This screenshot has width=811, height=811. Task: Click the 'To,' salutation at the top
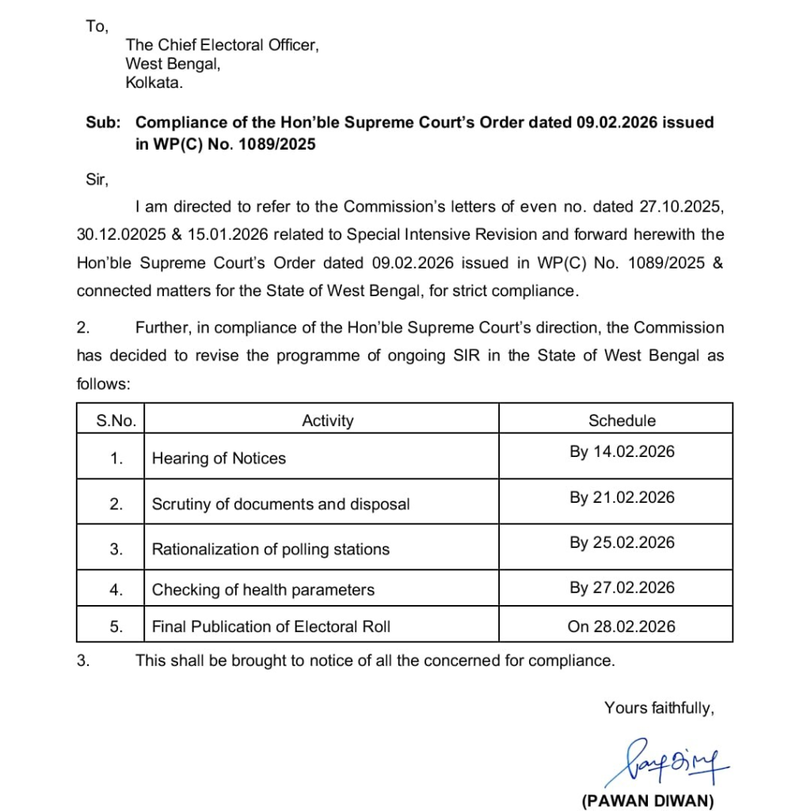click(x=96, y=27)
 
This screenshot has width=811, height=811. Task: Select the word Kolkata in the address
click(x=154, y=82)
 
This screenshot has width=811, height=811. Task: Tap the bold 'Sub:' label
click(x=104, y=123)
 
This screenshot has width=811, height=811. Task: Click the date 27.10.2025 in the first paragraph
click(x=680, y=208)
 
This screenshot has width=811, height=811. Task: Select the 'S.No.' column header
click(x=116, y=421)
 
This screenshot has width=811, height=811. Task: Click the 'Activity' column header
click(x=327, y=421)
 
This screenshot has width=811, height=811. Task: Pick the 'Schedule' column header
click(x=621, y=421)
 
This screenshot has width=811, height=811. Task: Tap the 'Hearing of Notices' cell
click(x=219, y=459)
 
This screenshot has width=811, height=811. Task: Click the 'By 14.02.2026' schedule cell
click(x=622, y=452)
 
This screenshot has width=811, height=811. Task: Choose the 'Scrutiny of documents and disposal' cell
click(x=280, y=504)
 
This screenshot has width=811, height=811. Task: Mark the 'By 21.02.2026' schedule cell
click(x=622, y=497)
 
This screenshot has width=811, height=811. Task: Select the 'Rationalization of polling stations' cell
click(x=270, y=550)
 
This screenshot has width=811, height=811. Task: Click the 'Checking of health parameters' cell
click(x=263, y=590)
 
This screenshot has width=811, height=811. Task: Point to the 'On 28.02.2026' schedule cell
click(x=621, y=626)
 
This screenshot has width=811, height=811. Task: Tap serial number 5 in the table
click(x=116, y=626)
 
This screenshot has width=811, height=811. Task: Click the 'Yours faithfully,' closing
click(x=659, y=708)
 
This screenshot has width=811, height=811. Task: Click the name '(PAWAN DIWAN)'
click(x=648, y=801)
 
